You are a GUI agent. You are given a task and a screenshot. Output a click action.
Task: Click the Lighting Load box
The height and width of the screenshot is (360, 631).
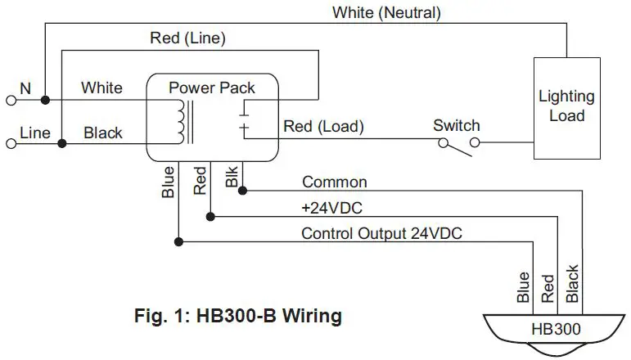pyautogui.click(x=566, y=107)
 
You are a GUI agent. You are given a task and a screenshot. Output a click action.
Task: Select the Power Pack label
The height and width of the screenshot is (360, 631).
pyautogui.click(x=212, y=88)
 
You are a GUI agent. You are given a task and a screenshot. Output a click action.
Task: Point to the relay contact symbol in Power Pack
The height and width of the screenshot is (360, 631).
pyautogui.click(x=244, y=119)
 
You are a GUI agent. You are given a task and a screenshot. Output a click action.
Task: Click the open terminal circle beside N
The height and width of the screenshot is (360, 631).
pyautogui.click(x=11, y=100)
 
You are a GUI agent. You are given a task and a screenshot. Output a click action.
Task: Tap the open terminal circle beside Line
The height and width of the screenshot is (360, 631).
pyautogui.click(x=11, y=144)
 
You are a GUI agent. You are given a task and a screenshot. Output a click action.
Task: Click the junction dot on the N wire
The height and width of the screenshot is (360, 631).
pyautogui.click(x=46, y=100)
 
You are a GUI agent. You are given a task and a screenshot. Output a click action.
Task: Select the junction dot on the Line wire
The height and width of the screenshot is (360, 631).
pyautogui.click(x=62, y=144)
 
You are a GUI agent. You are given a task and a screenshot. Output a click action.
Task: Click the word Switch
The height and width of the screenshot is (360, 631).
pyautogui.click(x=456, y=125)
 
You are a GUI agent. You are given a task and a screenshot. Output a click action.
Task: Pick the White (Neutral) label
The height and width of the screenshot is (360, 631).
pyautogui.click(x=386, y=12)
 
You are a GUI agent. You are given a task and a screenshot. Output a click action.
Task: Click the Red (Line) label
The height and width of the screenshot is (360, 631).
pyautogui.click(x=187, y=38)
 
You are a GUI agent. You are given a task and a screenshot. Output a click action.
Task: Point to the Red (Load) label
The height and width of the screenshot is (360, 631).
pyautogui.click(x=323, y=127)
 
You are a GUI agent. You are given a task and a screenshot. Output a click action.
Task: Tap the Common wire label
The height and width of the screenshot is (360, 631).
pyautogui.click(x=335, y=182)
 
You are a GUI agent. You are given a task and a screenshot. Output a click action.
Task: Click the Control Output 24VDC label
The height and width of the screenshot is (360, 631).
pyautogui.click(x=381, y=233)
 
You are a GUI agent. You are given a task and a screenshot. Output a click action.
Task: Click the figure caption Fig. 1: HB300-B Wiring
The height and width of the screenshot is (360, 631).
pyautogui.click(x=237, y=315)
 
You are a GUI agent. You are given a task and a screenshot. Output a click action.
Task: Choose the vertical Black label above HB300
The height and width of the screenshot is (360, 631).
pyautogui.click(x=573, y=284)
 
